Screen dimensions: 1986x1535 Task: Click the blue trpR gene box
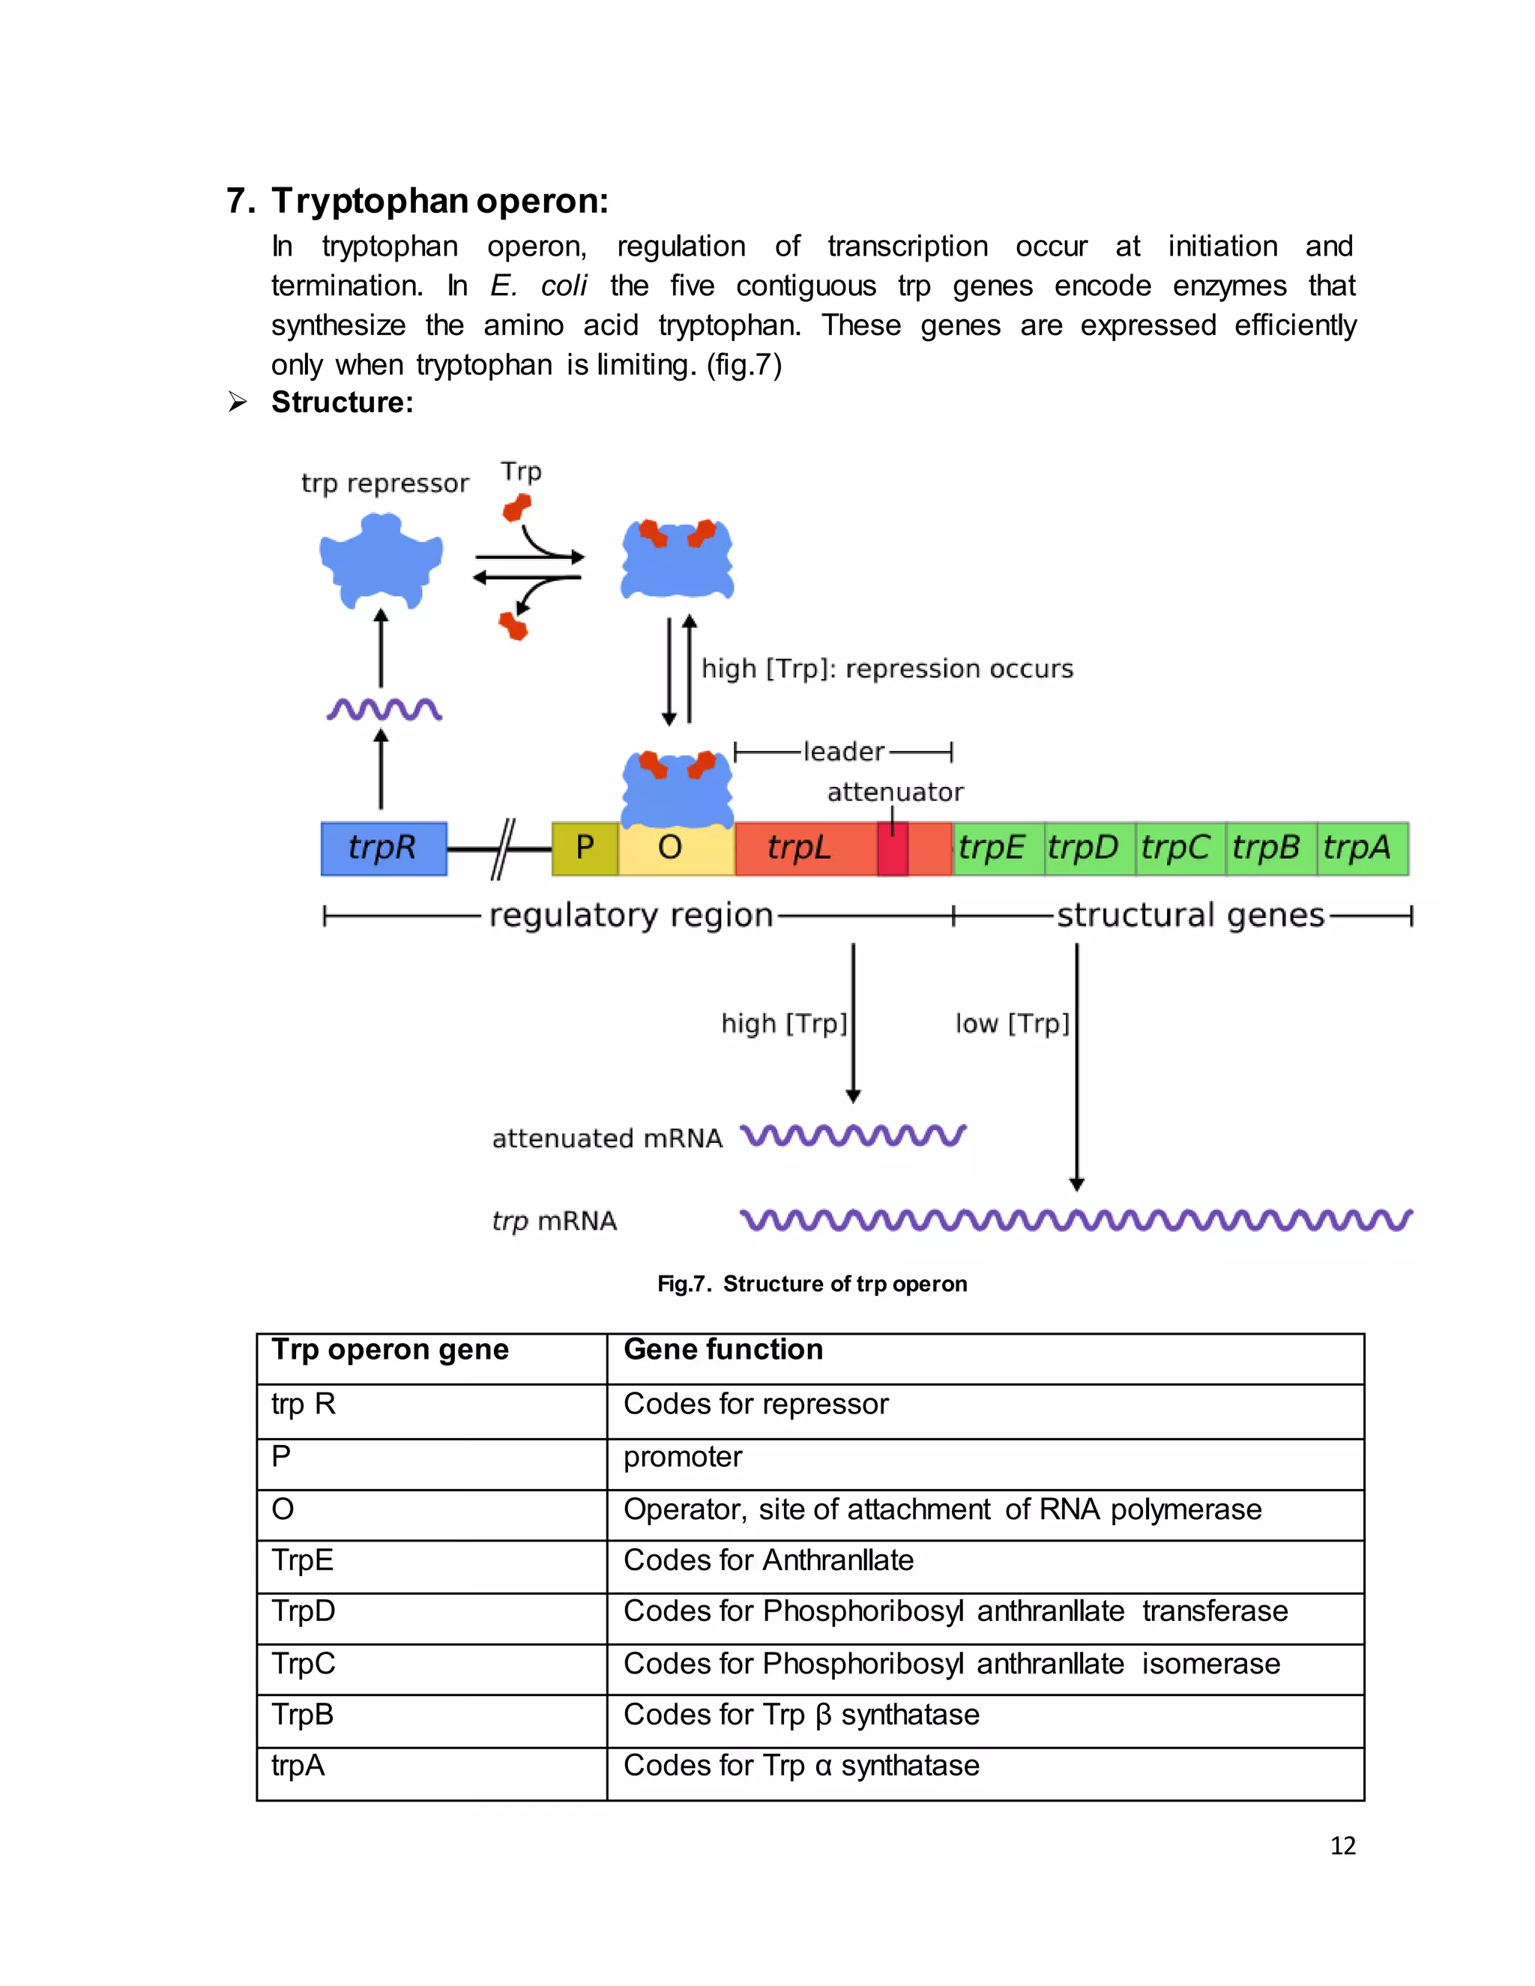pos(383,848)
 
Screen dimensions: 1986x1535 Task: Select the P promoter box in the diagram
pos(585,848)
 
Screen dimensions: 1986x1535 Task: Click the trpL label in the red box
pos(798,848)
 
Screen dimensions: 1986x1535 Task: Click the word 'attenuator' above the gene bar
pos(895,792)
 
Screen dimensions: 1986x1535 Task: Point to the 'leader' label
pos(844,751)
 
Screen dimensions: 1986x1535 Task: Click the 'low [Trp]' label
pos(1012,1024)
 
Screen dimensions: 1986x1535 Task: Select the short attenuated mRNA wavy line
pos(853,1135)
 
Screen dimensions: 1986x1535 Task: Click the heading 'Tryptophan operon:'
pos(440,200)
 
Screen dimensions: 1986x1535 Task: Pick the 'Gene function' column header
pos(723,1350)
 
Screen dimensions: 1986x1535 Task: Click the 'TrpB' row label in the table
pos(303,1715)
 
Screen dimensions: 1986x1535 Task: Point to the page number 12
pos(1342,1846)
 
